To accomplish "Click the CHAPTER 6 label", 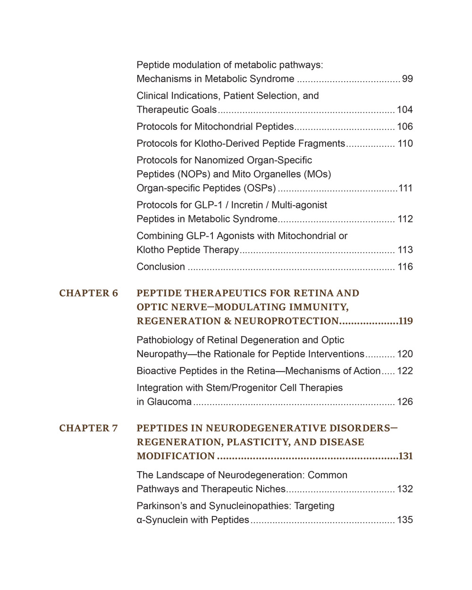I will pos(88,293).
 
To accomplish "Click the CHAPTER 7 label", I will pos(88,428).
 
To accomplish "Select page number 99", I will pos(407,79).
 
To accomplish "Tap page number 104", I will pos(405,110).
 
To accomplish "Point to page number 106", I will pos(405,127).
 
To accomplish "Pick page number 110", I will pos(405,144).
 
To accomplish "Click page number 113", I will pos(405,250).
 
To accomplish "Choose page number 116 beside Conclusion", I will pos(405,267).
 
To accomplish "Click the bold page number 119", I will pos(405,321).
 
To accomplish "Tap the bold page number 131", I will pos(405,456).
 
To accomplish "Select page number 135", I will pos(405,520).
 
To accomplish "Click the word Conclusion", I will pos(160,267).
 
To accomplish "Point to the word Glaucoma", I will pos(169,402).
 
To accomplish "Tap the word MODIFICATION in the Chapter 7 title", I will pos(176,456).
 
